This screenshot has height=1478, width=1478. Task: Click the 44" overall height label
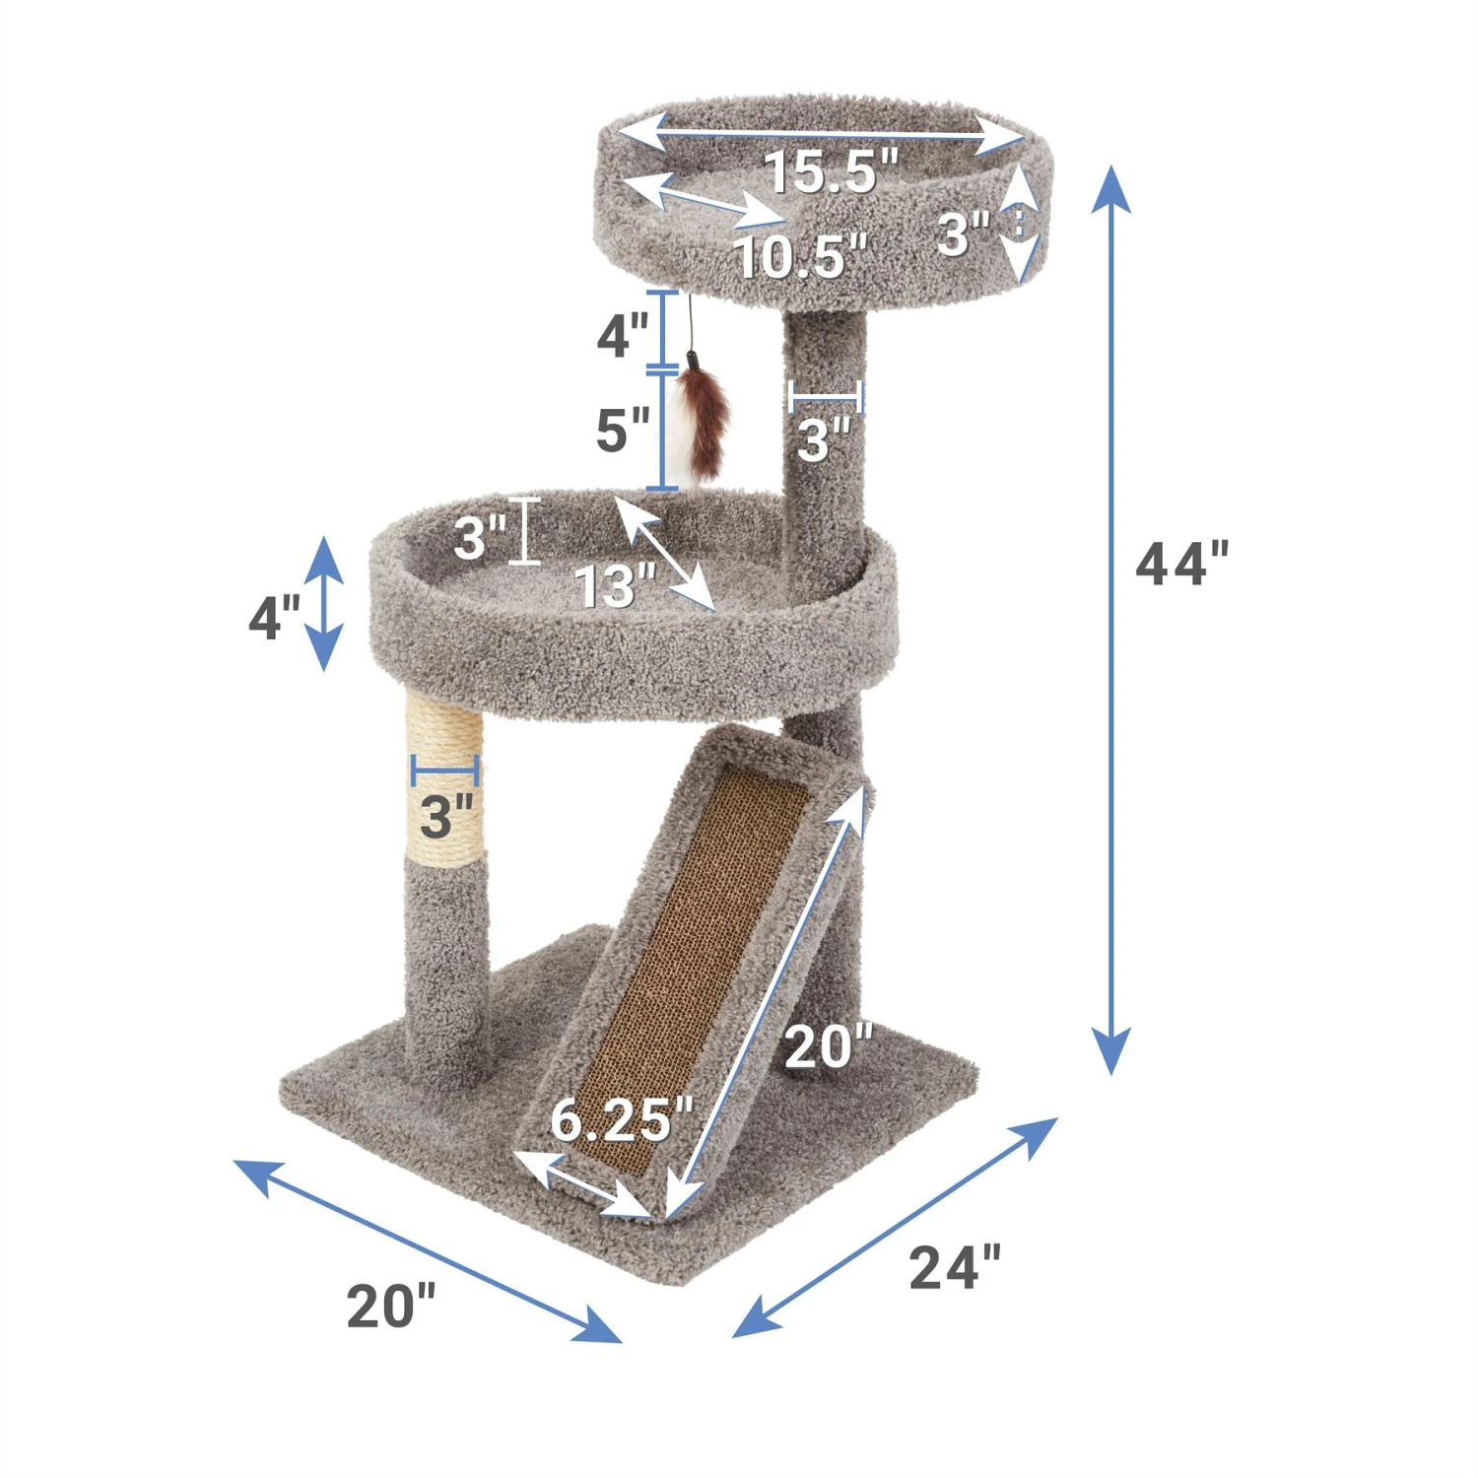click(1181, 565)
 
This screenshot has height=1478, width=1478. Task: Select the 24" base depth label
click(954, 1267)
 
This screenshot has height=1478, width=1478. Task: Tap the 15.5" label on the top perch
click(831, 171)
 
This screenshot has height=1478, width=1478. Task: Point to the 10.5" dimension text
click(801, 257)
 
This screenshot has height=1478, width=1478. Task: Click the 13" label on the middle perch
click(615, 587)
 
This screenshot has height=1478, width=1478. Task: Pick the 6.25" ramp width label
click(622, 1120)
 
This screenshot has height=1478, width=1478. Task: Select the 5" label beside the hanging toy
click(623, 431)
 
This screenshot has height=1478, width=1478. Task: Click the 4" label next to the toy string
click(623, 336)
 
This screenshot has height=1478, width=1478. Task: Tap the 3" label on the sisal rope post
click(446, 816)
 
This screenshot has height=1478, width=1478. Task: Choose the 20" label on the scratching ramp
click(828, 1046)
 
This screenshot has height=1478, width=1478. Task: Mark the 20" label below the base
click(390, 1307)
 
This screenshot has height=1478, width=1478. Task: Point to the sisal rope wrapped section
click(444, 778)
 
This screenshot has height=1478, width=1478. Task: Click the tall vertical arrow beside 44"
click(1110, 621)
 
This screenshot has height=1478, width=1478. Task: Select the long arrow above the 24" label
click(895, 1228)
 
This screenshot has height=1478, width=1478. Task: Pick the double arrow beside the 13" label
click(665, 554)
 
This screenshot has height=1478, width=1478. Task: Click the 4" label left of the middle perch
click(274, 619)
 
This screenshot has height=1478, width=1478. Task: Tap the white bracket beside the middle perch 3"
click(524, 531)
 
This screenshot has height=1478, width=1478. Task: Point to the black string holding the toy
click(692, 327)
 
